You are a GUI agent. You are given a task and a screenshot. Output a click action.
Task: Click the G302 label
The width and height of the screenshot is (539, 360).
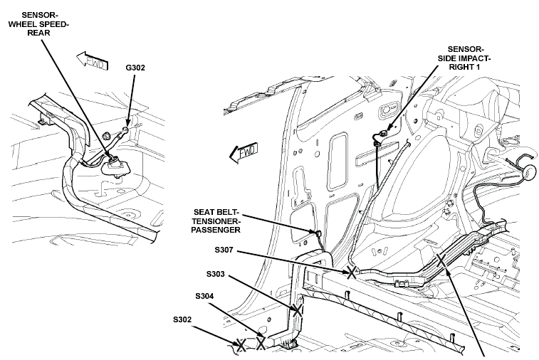tap(135, 68)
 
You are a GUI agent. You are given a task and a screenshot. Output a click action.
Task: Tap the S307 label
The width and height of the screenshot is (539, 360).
tap(224, 250)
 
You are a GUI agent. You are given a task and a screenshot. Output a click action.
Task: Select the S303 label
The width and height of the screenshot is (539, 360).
tap(216, 274)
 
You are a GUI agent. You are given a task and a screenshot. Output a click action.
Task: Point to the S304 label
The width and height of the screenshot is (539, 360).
tap(204, 296)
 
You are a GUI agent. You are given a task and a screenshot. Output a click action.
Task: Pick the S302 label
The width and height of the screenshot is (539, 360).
tap(182, 320)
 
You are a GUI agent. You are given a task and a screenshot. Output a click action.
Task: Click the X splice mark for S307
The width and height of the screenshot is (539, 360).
tap(351, 272)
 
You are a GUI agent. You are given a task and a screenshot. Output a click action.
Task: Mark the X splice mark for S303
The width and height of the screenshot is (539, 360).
tap(297, 310)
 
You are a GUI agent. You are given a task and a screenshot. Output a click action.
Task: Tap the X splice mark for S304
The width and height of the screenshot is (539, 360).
tap(261, 343)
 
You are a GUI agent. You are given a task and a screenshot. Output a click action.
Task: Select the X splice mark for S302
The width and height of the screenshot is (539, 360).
tap(241, 345)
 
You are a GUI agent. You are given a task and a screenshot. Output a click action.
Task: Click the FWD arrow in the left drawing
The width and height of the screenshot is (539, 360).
tap(92, 60)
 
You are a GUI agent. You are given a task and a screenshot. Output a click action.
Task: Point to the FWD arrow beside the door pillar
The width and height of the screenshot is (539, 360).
tap(244, 152)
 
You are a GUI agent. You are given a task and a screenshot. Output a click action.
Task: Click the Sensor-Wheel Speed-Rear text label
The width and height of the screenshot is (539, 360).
tap(38, 24)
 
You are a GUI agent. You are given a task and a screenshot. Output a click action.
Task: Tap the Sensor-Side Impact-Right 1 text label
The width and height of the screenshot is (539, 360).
tap(464, 58)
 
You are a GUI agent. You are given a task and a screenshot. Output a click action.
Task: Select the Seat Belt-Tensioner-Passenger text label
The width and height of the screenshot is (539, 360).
tap(216, 221)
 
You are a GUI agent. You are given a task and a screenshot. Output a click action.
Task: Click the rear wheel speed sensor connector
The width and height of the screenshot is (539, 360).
tap(113, 160)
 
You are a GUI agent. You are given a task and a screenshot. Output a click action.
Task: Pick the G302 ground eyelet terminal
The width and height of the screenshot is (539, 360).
tap(126, 130)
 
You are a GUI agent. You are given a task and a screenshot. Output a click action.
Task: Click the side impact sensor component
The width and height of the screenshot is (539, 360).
tap(382, 134)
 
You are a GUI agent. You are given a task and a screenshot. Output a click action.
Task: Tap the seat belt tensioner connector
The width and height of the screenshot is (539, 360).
tap(318, 233)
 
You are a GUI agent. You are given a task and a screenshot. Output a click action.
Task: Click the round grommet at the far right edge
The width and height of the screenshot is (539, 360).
tap(528, 172)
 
